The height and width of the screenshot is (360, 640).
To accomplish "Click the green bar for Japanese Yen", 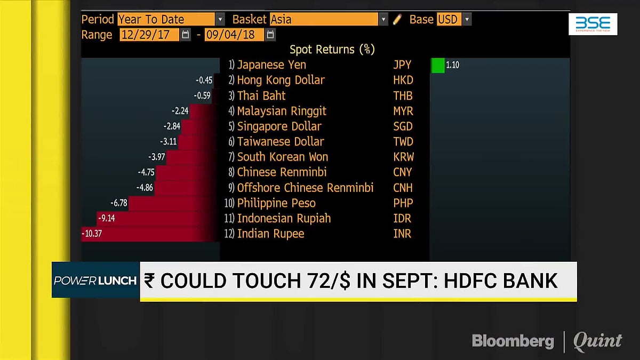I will click(x=437, y=65).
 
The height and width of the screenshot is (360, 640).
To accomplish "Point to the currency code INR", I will click(x=402, y=234).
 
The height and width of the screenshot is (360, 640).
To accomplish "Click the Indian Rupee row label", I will click(x=270, y=234).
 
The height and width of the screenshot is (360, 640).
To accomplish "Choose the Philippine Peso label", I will click(x=276, y=203).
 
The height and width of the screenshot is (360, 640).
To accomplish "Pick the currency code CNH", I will click(x=403, y=188).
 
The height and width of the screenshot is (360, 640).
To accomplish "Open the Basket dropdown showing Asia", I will click(x=329, y=20).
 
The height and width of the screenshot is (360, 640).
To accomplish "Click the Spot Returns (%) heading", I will click(x=332, y=50).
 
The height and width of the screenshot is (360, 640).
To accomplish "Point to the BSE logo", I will click(x=593, y=23).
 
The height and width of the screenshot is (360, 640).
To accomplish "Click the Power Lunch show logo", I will click(x=95, y=280).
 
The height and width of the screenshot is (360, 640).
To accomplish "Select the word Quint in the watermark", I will click(x=597, y=341).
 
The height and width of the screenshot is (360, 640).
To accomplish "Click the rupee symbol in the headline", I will click(x=149, y=281).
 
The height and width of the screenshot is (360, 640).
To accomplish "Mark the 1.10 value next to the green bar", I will click(x=452, y=65).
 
